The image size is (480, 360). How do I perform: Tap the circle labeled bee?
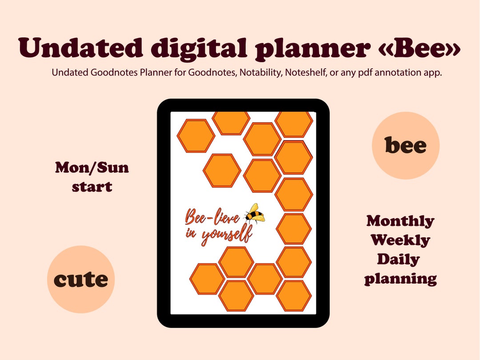click(405, 145)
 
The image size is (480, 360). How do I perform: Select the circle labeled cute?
click(81, 280)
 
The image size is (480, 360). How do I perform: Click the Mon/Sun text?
click(92, 168)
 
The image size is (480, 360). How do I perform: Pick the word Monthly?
click(400, 221)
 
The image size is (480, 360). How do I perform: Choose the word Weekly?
click(400, 240)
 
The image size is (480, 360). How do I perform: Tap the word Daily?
click(399, 259)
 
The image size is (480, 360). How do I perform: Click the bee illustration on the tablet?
click(255, 214)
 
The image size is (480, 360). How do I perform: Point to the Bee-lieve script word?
click(212, 218)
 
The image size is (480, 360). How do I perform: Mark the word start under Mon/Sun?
click(92, 187)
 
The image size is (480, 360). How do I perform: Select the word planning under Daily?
click(400, 279)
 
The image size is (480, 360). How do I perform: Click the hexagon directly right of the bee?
click(293, 229)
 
